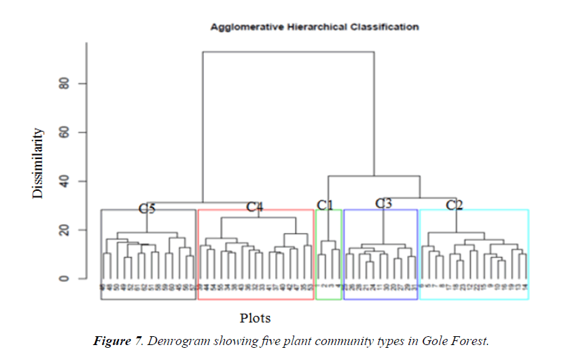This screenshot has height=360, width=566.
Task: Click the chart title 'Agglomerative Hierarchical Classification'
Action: pyautogui.click(x=314, y=27)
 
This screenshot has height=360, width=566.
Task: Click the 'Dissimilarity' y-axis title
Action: pyautogui.click(x=38, y=163)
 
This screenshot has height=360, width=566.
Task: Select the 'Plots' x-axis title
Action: pyautogui.click(x=255, y=318)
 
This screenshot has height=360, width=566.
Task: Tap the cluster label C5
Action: pyautogui.click(x=147, y=209)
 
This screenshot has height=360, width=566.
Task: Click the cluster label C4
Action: pyautogui.click(x=254, y=207)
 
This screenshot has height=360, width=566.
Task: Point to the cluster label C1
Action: pyautogui.click(x=325, y=205)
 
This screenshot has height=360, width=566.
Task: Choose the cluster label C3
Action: pyautogui.click(x=384, y=203)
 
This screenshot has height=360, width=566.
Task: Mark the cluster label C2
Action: pyautogui.click(x=455, y=205)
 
